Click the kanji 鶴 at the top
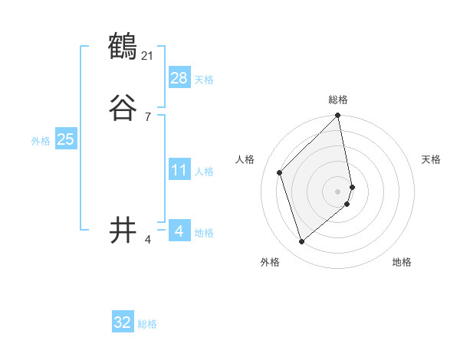(x=123, y=47)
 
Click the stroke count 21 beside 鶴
(x=148, y=55)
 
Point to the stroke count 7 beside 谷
(x=148, y=116)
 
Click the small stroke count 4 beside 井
(x=148, y=240)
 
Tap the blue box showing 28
(x=179, y=78)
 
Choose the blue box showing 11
(x=179, y=170)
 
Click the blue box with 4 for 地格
(x=179, y=231)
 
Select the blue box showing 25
(x=66, y=139)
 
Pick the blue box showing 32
(x=123, y=322)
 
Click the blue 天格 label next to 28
(x=204, y=80)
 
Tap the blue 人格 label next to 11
(x=204, y=172)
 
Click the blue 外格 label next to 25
(x=41, y=141)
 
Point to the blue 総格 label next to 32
(x=147, y=324)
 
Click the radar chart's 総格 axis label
(x=338, y=100)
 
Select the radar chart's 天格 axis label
(x=431, y=159)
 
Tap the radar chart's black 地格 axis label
(x=402, y=262)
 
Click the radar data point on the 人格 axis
(x=280, y=172)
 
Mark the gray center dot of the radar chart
(x=338, y=191)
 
